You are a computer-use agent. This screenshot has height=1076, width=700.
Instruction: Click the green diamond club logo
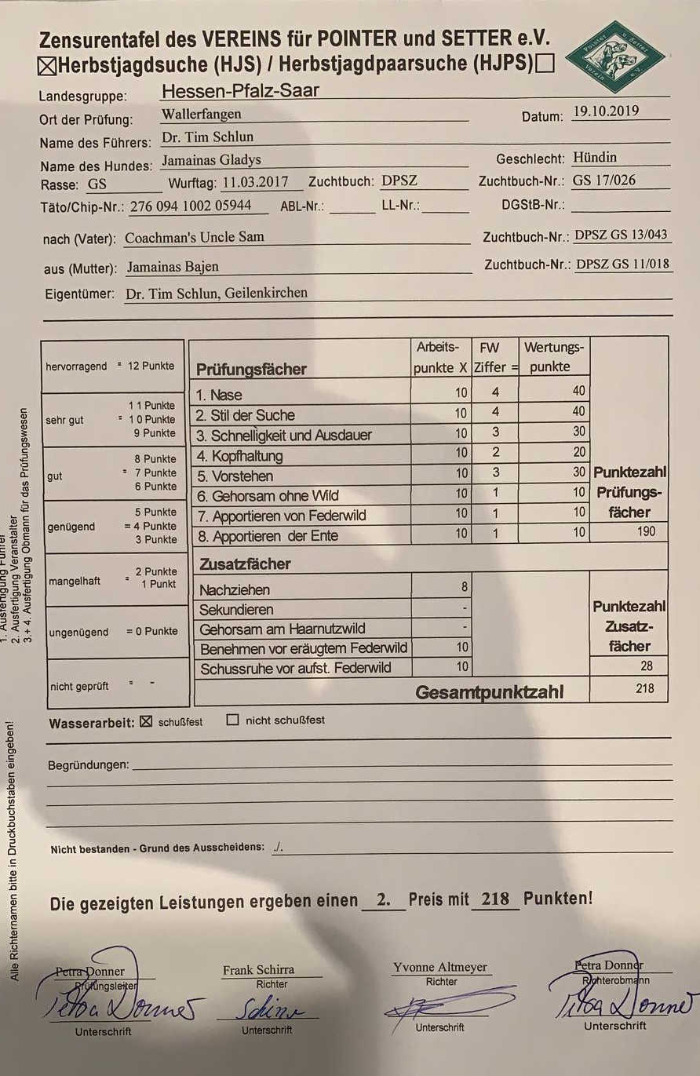[615, 57]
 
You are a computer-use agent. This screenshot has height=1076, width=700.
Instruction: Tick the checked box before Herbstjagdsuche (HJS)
[47, 65]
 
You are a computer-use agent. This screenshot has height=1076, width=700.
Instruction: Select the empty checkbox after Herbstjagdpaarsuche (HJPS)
[545, 63]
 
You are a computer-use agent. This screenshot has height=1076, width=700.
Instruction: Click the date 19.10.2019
[605, 111]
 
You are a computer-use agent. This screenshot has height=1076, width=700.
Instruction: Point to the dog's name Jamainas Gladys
[211, 160]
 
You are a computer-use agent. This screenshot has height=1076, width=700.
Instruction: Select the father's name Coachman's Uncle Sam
[195, 237]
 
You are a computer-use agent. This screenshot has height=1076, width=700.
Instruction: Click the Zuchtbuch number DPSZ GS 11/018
[623, 264]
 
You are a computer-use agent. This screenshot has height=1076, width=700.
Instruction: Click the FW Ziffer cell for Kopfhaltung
[495, 453]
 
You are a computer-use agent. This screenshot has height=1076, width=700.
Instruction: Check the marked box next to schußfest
[145, 721]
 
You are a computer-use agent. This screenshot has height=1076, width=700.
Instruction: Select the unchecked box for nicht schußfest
[232, 720]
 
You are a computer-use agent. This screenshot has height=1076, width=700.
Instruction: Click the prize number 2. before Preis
[383, 899]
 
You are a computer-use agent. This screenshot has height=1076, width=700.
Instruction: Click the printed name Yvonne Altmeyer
[440, 967]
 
